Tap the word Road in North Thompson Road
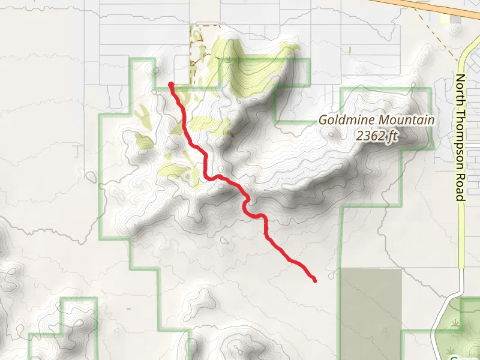(x=460, y=189)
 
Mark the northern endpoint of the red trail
(x=172, y=85)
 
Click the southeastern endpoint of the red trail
(x=314, y=280)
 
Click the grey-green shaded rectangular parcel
(x=371, y=312)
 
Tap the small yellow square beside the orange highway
(x=445, y=19)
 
